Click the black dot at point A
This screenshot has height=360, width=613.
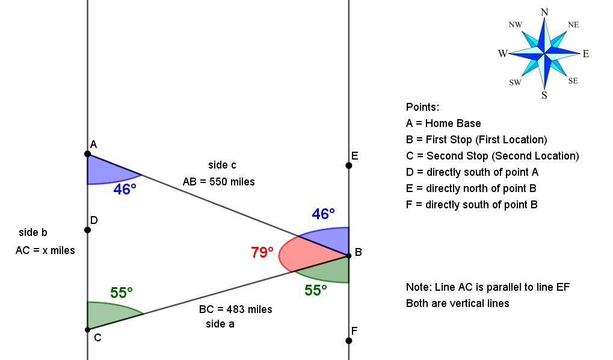(88, 154)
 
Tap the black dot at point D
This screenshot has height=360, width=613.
(88, 230)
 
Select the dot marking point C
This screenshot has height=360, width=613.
(88, 329)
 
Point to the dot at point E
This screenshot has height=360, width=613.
(349, 166)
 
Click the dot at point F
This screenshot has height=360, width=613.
(349, 341)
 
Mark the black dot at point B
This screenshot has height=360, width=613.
(349, 255)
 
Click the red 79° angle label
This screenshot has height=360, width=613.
(262, 252)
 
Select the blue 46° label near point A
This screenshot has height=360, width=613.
(125, 190)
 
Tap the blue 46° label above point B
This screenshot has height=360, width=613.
(323, 214)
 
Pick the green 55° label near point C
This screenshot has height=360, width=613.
(121, 293)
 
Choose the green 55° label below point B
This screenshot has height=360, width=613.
(315, 290)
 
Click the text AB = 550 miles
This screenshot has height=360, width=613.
(218, 182)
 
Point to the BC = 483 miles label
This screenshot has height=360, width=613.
(235, 309)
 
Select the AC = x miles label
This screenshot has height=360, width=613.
(45, 250)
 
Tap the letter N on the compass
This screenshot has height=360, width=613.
(544, 12)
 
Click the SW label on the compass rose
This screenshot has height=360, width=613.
(515, 82)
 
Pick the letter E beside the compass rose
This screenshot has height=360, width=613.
(586, 54)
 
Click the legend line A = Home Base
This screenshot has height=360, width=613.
(443, 123)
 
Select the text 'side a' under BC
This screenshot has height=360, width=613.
(220, 324)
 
